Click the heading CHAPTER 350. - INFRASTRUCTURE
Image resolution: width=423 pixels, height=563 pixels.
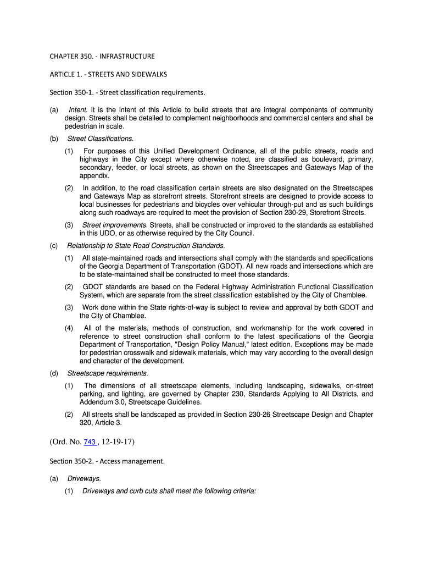point(102,56)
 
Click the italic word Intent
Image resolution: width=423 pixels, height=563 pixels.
point(79,110)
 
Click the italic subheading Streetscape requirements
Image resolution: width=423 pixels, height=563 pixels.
point(99,373)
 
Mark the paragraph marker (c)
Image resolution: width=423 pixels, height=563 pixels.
point(54,245)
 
